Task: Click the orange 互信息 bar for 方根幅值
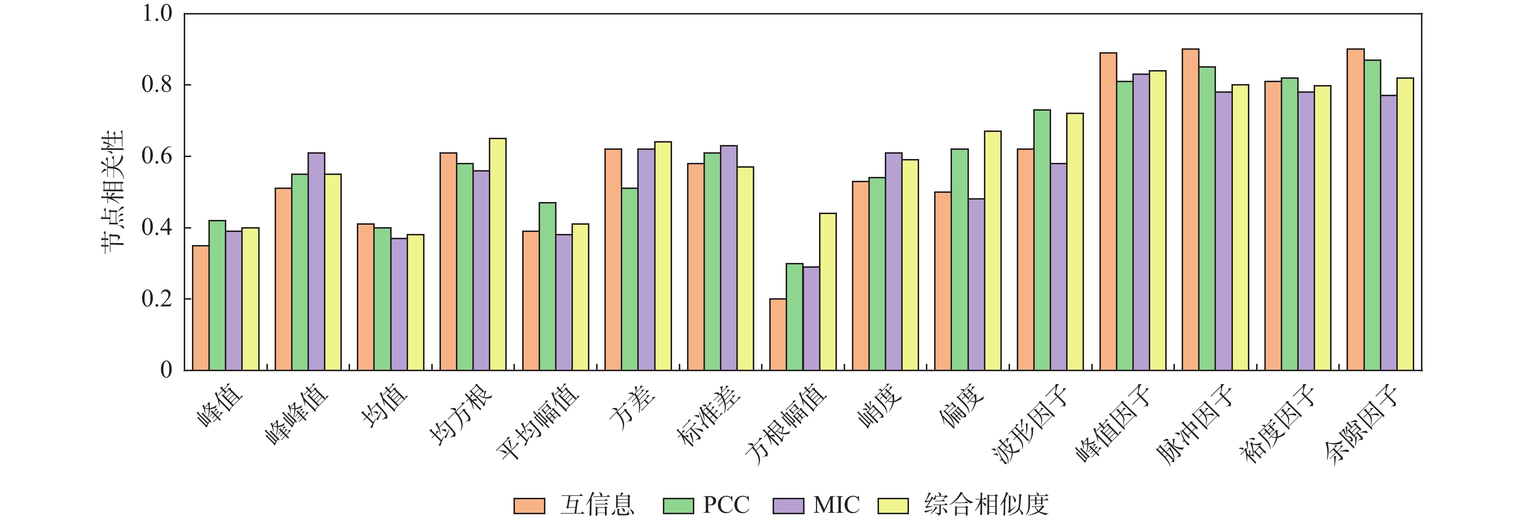pyautogui.click(x=777, y=334)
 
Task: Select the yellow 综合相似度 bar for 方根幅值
pyautogui.click(x=827, y=292)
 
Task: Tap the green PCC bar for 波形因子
pyautogui.click(x=1042, y=240)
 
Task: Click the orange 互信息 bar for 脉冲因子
pyautogui.click(x=1190, y=210)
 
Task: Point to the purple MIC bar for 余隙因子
pyautogui.click(x=1388, y=233)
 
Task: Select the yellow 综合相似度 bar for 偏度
pyautogui.click(x=992, y=250)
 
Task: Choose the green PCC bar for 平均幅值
pyautogui.click(x=547, y=287)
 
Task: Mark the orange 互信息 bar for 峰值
pyautogui.click(x=201, y=308)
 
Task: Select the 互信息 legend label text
pyautogui.click(x=597, y=505)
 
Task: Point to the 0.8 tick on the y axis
pyautogui.click(x=185, y=85)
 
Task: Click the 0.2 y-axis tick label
pyautogui.click(x=157, y=299)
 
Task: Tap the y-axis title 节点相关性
pyautogui.click(x=112, y=192)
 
